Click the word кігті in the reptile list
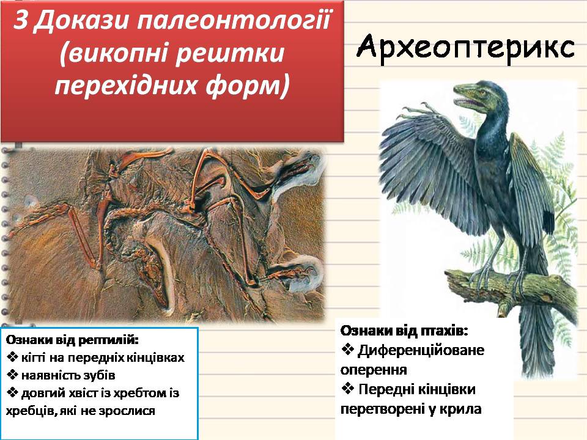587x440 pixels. point(35,357)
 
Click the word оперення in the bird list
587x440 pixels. point(373,370)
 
